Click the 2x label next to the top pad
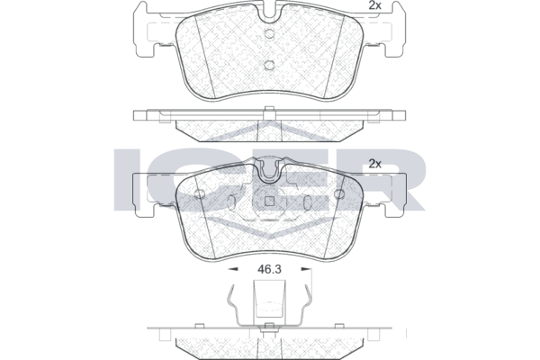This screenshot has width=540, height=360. click(374, 5)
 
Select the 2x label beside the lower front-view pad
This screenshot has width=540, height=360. click(374, 164)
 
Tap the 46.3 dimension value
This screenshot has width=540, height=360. click(270, 269)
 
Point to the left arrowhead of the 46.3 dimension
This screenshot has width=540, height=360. click(234, 269)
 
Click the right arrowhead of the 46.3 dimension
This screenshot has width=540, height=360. click(305, 269)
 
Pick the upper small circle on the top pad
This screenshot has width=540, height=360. click(270, 34)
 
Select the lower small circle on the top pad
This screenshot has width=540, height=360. click(270, 65)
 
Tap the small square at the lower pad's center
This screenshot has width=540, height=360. click(270, 202)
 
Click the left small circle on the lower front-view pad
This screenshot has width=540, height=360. click(199, 194)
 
